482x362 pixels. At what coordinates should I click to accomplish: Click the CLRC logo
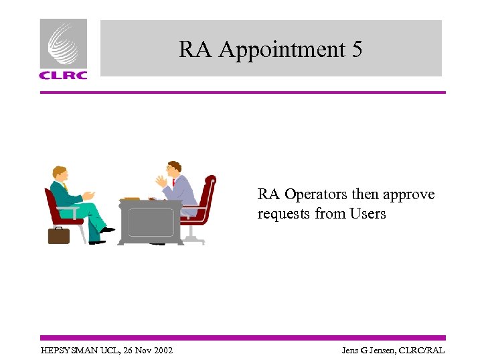[63, 49]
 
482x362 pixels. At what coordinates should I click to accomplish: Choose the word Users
[368, 214]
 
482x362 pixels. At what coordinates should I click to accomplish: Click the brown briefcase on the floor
[59, 235]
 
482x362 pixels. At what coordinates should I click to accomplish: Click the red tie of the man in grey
[173, 182]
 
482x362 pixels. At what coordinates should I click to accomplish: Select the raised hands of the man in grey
[161, 181]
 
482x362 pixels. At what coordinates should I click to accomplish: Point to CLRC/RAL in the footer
[423, 351]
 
